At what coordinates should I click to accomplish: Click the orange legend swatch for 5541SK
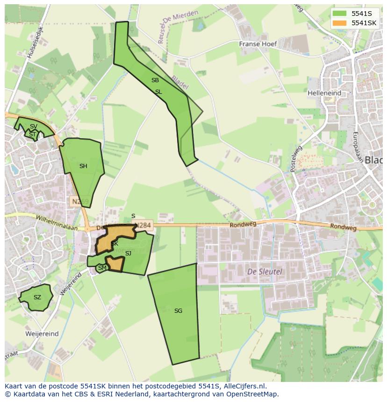(x=340, y=23)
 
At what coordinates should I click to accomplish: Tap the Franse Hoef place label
(x=258, y=44)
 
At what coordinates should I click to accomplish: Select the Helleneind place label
(x=324, y=93)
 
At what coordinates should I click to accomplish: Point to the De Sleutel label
(x=258, y=271)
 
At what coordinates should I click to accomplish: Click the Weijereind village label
(x=43, y=334)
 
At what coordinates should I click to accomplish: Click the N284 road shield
(x=143, y=225)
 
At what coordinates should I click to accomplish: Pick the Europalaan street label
(x=358, y=147)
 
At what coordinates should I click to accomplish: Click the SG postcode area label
(x=178, y=310)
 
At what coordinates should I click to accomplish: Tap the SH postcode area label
(x=83, y=166)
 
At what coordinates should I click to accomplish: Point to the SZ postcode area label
(x=37, y=297)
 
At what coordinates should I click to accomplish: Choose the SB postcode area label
(x=155, y=80)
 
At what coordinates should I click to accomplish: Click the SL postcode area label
(x=158, y=92)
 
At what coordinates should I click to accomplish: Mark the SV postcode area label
(x=33, y=127)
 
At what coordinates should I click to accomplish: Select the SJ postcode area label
(x=128, y=254)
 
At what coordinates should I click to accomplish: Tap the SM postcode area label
(x=102, y=268)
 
